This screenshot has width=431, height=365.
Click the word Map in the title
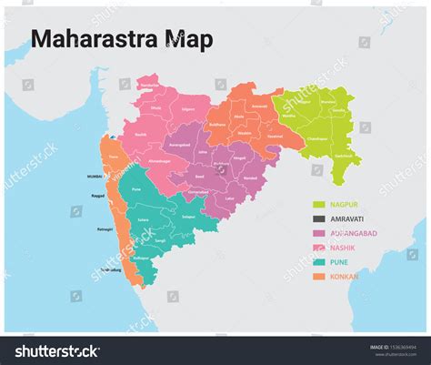click(x=189, y=39)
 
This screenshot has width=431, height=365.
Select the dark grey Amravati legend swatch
click(x=318, y=219)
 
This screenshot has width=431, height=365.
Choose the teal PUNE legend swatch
click(x=318, y=262)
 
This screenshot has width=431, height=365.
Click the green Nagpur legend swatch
click(x=318, y=205)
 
